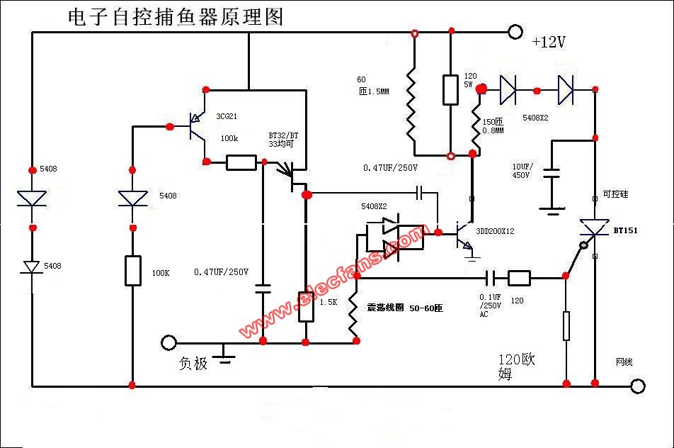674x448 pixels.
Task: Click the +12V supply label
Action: [x=549, y=43]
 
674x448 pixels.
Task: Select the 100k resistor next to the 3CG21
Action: [x=241, y=163]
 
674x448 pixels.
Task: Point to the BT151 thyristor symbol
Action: [x=594, y=229]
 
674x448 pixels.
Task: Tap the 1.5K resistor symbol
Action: [x=306, y=306]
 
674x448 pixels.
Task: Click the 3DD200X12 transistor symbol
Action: [x=463, y=233]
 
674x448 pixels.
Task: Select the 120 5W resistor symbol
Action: [x=450, y=89]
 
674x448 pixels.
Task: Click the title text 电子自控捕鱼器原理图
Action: [x=175, y=17]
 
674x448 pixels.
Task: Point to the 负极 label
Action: [x=193, y=364]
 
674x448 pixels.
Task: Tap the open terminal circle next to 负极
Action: [x=168, y=343]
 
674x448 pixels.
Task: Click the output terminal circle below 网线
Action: [x=638, y=386]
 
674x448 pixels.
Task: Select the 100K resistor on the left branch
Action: [x=132, y=271]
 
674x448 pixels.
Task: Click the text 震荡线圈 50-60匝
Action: [x=404, y=308]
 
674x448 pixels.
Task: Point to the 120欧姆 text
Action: [x=516, y=366]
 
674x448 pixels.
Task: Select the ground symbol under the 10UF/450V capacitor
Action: [x=552, y=208]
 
